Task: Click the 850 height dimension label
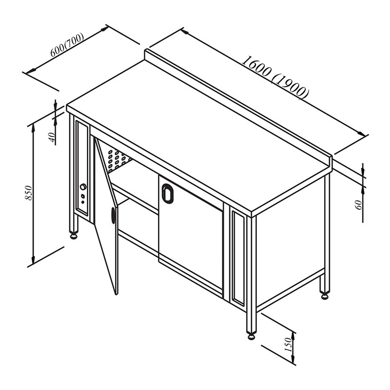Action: tap(29, 193)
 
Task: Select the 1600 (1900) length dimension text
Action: tap(275, 78)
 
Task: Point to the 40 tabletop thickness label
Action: tap(52, 137)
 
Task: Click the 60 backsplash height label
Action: tap(359, 205)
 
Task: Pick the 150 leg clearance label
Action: tap(288, 344)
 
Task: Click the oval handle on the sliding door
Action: tap(167, 193)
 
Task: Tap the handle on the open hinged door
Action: tap(114, 215)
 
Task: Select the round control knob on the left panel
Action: tap(83, 186)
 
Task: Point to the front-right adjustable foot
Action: tap(252, 336)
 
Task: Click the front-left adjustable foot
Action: tap(74, 235)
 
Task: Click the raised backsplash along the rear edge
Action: tap(238, 107)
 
